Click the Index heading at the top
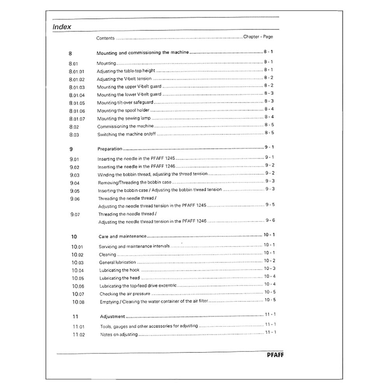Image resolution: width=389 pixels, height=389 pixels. [x=62, y=27]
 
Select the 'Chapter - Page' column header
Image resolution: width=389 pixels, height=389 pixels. [x=258, y=37]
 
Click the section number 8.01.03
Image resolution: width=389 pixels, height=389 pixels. [x=77, y=87]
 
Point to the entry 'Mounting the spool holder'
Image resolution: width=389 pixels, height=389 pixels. [x=117, y=110]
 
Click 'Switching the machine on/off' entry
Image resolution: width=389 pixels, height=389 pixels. [x=126, y=134]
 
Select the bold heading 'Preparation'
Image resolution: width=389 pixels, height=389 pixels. [x=110, y=149]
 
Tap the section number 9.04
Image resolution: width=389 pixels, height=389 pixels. [x=75, y=183]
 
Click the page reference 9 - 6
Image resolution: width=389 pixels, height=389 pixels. [x=270, y=220]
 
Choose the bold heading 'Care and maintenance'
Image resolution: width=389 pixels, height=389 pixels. [x=123, y=236]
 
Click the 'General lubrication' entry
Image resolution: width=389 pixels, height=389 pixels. [x=117, y=263]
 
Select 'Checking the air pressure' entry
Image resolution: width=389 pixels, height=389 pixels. [x=124, y=294]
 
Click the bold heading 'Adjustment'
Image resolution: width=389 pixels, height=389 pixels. [x=112, y=317]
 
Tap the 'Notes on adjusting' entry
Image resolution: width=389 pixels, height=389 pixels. [x=119, y=335]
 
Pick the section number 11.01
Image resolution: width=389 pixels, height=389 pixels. [x=78, y=327]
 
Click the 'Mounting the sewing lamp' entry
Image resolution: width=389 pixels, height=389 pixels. [x=124, y=118]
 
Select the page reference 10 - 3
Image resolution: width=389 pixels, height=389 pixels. [x=270, y=268]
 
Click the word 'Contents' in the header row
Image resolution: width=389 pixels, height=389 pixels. [x=105, y=38]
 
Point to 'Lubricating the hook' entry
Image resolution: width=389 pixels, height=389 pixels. [x=119, y=270]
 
